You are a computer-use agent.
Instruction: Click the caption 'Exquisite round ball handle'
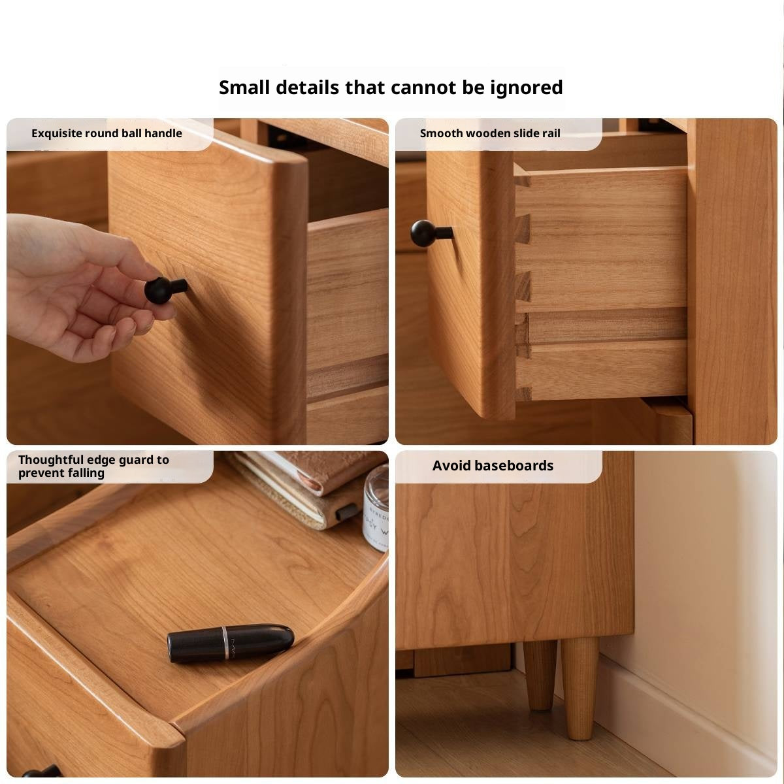tap(106, 133)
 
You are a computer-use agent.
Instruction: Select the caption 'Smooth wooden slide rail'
tap(490, 133)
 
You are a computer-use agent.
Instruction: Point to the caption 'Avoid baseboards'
tap(493, 465)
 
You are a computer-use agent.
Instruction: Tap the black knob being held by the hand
tap(165, 289)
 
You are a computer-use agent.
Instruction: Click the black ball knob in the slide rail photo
tap(431, 233)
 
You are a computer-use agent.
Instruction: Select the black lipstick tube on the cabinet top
tap(230, 642)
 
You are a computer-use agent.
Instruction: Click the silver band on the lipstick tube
tap(224, 642)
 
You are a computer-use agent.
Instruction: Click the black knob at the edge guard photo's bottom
tap(42, 772)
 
